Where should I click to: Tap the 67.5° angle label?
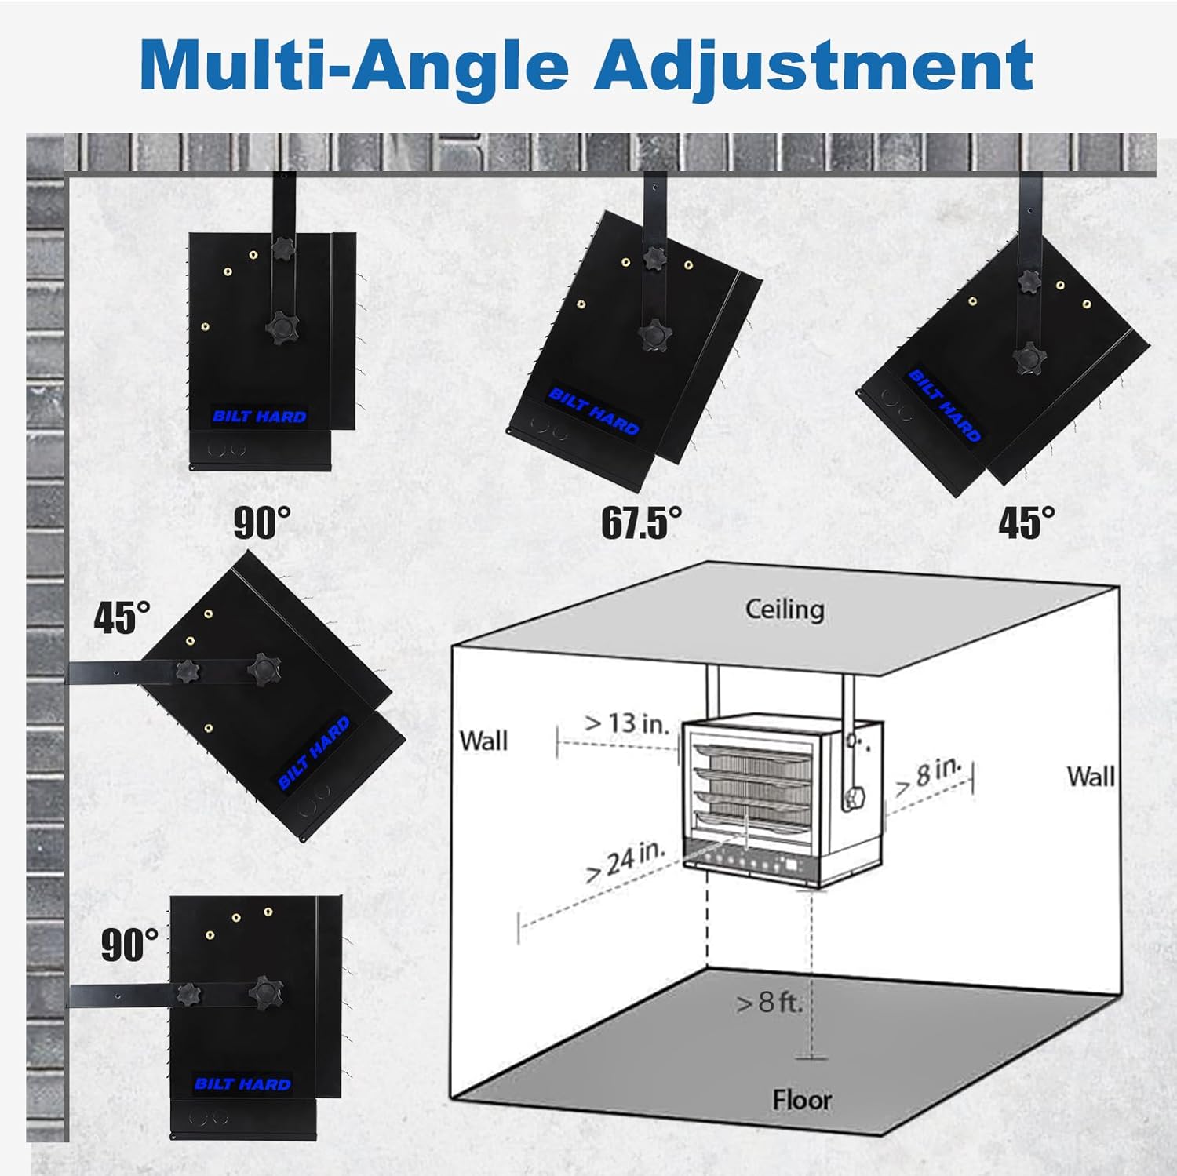tap(641, 522)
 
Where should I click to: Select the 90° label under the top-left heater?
tap(262, 522)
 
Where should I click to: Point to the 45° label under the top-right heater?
tap(1026, 522)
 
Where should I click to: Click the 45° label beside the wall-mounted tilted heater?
tap(122, 617)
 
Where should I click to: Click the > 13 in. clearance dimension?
tap(628, 723)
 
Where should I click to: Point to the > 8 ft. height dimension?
tap(770, 1002)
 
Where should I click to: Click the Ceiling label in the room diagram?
tap(785, 610)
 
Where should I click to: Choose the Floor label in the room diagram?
tap(801, 1100)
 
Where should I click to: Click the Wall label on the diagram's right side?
tap(1091, 777)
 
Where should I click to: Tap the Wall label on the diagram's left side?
tap(483, 741)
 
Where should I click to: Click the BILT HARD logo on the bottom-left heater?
tap(242, 1084)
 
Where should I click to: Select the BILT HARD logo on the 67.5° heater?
tap(594, 411)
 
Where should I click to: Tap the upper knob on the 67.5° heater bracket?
tap(653, 257)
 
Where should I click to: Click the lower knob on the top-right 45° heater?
tap(1029, 359)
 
